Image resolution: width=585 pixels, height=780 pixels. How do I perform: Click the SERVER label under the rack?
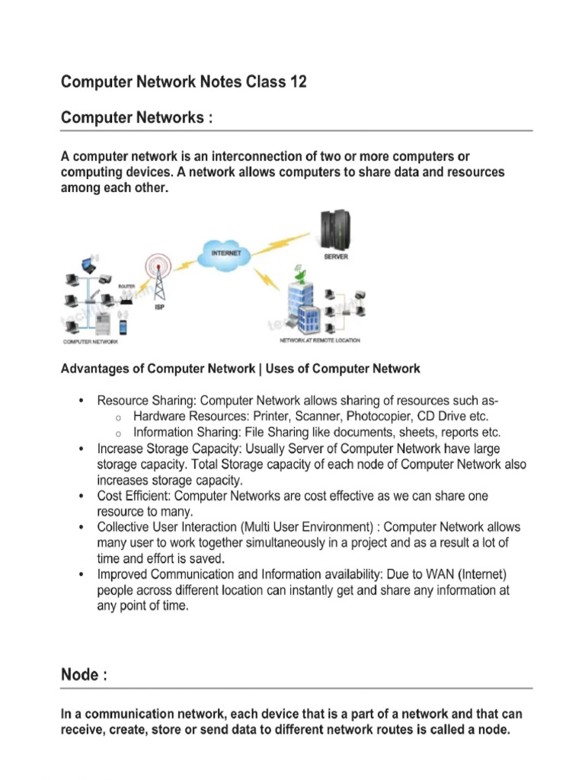[x=336, y=257]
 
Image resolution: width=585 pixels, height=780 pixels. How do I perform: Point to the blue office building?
[x=299, y=308]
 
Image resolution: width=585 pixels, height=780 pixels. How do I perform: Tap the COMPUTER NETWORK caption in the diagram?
[x=90, y=342]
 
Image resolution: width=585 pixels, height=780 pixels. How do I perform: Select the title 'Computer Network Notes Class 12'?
[x=184, y=82]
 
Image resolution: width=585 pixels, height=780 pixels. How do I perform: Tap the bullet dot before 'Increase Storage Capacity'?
[x=82, y=449]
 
